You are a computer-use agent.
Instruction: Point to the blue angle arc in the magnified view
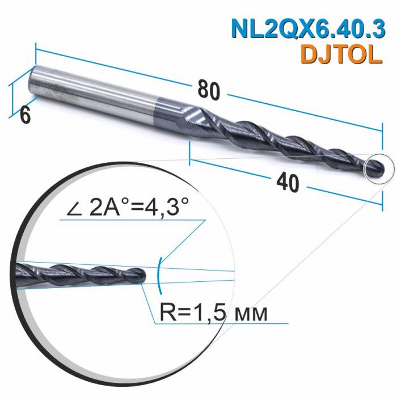tap(160, 271)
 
